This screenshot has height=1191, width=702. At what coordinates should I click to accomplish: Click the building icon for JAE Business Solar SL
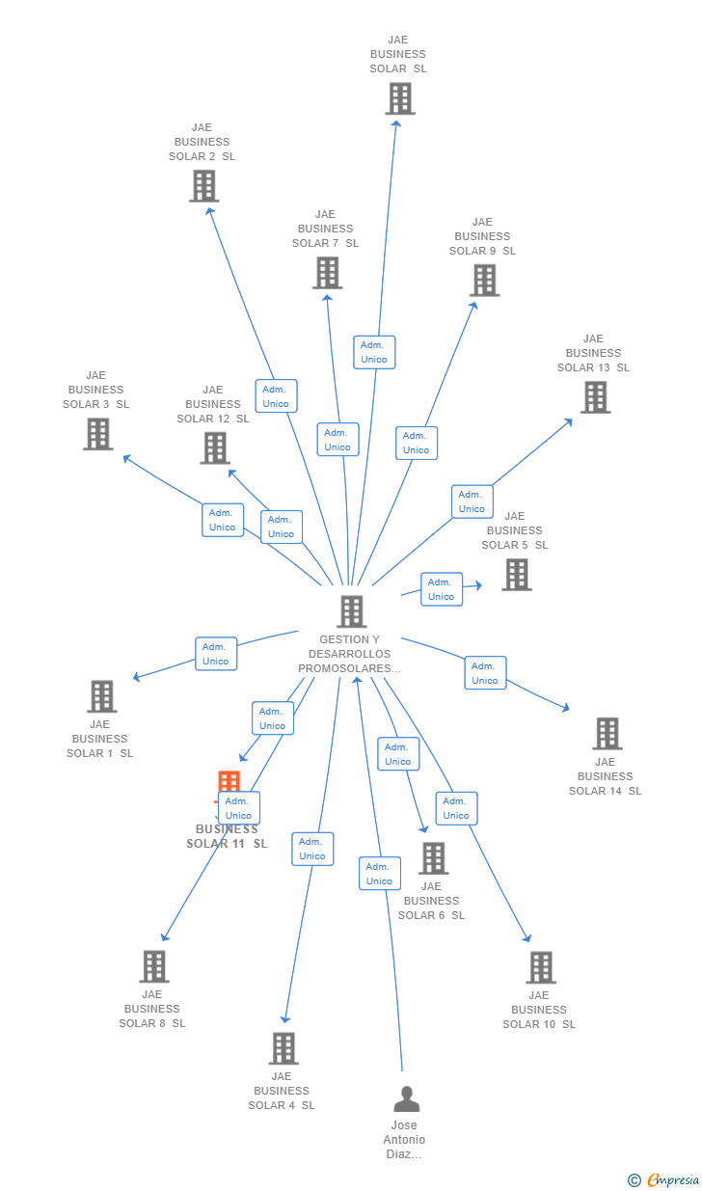tap(400, 98)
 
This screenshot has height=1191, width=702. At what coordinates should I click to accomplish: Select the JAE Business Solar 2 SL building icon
tap(203, 186)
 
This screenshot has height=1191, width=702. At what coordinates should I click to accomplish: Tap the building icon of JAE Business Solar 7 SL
tap(327, 273)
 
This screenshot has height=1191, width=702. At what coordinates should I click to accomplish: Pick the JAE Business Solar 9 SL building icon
tap(484, 281)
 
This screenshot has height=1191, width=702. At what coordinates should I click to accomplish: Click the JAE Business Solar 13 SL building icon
tap(595, 397)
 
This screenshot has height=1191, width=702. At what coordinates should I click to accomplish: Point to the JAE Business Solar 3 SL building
tap(97, 434)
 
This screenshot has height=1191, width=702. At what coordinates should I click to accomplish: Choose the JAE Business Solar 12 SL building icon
tap(215, 447)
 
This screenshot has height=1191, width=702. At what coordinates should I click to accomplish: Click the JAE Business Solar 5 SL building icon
tap(517, 575)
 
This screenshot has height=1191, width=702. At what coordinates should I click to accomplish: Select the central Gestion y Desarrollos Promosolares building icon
tap(351, 611)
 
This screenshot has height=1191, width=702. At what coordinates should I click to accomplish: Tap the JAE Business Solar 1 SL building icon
tap(101, 696)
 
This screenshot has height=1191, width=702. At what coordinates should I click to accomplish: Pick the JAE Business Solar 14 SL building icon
tap(607, 734)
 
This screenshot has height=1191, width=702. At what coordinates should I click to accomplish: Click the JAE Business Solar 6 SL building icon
tap(433, 858)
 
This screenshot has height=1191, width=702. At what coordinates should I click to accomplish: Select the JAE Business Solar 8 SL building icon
tap(154, 966)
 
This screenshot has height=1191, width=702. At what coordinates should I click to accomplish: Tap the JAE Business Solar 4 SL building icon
tap(283, 1048)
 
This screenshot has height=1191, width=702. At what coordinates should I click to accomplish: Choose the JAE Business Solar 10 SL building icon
tap(540, 967)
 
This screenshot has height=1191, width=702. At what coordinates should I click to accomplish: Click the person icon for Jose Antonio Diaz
tap(407, 1099)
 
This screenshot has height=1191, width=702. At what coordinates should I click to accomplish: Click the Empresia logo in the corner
tap(664, 1179)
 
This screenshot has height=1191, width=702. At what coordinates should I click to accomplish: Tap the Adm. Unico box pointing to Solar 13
tap(472, 501)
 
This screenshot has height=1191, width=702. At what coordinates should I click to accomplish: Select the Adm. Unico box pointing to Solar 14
tap(485, 673)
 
